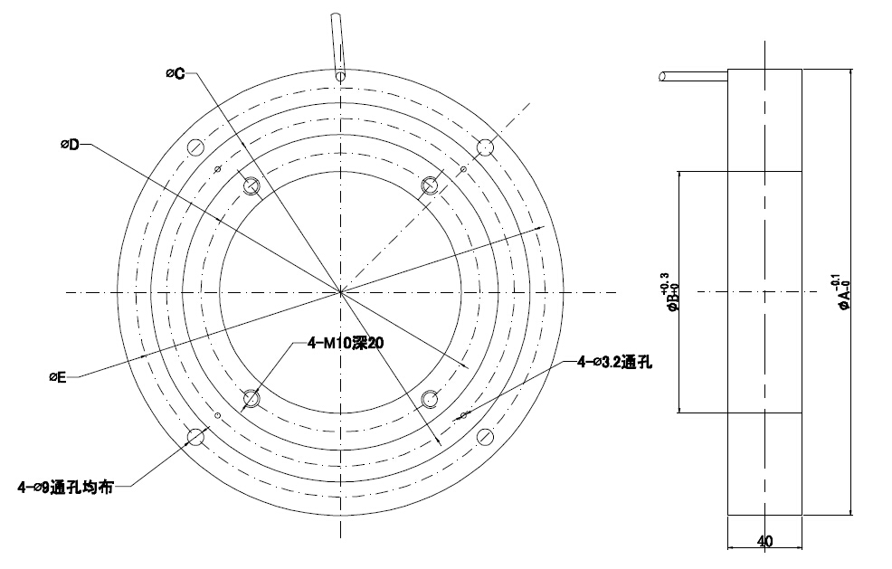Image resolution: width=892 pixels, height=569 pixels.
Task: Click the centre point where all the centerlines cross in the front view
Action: [x=340, y=292]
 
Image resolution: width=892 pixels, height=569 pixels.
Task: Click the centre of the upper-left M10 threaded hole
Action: [x=251, y=185]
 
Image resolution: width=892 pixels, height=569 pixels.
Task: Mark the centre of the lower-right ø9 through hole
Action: [x=485, y=437]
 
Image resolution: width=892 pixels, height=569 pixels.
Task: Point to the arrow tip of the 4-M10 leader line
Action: [x=243, y=411]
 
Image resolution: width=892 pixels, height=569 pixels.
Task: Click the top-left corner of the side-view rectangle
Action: [x=728, y=70]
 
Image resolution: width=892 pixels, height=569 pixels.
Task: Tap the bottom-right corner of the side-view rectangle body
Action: [x=802, y=516]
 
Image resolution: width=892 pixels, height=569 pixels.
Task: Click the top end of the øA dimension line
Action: [x=850, y=70]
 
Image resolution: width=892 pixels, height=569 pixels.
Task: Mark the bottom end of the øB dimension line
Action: [x=679, y=413]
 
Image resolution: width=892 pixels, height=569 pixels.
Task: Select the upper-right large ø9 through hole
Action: [x=485, y=147]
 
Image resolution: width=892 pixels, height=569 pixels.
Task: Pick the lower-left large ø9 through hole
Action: [x=195, y=437]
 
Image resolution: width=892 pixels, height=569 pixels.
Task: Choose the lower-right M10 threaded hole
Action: [x=430, y=399]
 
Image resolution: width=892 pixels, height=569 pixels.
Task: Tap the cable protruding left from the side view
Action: [x=694, y=76]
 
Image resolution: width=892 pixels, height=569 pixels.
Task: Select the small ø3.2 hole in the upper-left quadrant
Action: [x=217, y=169]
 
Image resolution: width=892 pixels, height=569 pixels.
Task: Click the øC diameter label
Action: [x=176, y=73]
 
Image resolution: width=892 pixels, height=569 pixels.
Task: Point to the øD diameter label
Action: [x=70, y=145]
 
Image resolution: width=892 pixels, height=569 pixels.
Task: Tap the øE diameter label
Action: [x=58, y=376]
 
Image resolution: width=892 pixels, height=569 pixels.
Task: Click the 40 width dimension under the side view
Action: [x=765, y=541]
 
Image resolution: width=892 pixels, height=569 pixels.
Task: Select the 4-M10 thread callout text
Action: [x=346, y=343]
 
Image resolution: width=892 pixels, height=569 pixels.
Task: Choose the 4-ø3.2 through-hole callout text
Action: [x=615, y=362]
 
